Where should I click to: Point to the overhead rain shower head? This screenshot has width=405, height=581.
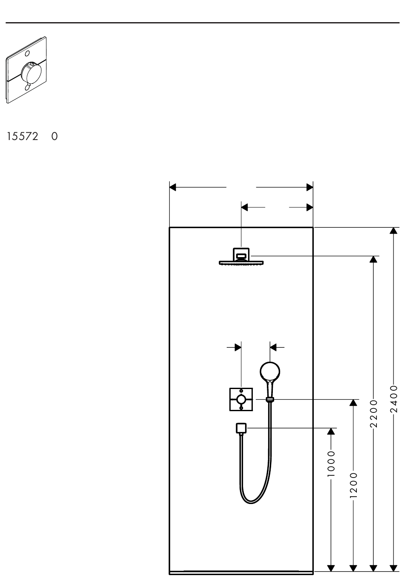[241, 262]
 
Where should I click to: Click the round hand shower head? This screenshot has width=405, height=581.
[270, 371]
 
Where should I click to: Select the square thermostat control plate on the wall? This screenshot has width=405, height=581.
[241, 399]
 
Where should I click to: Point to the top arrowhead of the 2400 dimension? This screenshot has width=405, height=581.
[393, 231]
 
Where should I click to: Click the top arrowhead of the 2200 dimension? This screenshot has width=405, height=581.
[373, 259]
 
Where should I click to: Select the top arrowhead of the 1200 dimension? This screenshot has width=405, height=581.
[353, 403]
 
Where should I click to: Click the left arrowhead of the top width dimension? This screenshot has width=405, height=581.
[173, 187]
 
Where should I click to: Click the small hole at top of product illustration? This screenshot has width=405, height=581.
[28, 54]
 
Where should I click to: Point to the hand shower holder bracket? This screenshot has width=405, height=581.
[270, 399]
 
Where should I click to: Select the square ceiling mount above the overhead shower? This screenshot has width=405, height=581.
[241, 254]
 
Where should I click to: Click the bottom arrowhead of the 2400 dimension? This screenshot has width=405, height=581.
[393, 568]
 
